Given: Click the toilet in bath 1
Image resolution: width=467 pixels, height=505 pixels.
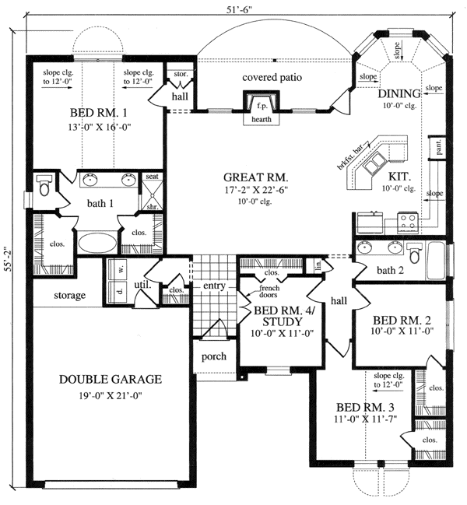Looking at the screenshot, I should click(44, 185).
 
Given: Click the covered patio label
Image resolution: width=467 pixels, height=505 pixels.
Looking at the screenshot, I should click(271, 77).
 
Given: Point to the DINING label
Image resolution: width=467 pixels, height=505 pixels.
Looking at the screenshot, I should click(400, 94).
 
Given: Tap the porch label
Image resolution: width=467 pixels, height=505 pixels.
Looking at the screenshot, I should click(213, 356).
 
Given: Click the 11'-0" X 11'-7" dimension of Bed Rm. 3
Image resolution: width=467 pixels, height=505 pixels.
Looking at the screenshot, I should click(363, 420).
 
